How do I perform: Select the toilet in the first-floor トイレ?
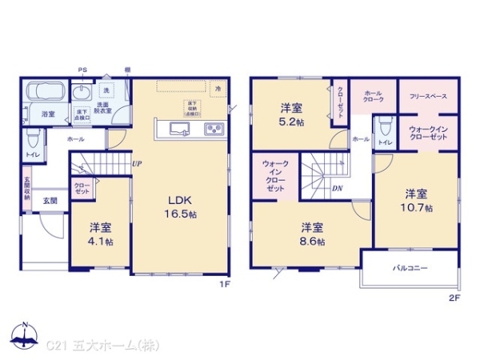[x=32, y=138]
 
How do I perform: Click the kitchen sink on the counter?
[x=178, y=130]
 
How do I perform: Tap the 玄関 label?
[x=50, y=200]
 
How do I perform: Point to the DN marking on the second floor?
[x=338, y=189]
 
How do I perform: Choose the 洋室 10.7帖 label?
[x=418, y=200]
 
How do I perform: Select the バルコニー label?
[x=410, y=267]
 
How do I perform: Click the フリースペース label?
[x=428, y=96]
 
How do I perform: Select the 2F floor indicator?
[x=454, y=298]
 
